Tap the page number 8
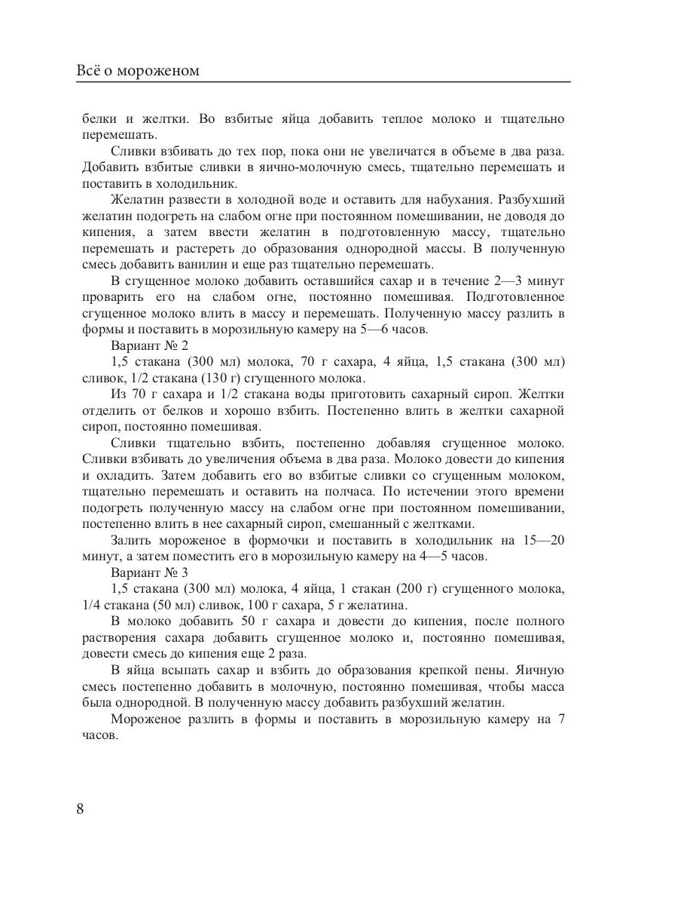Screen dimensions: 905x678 81,809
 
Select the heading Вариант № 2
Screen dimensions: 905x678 149,346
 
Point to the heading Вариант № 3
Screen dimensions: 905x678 148,572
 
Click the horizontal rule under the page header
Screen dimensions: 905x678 324,82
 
